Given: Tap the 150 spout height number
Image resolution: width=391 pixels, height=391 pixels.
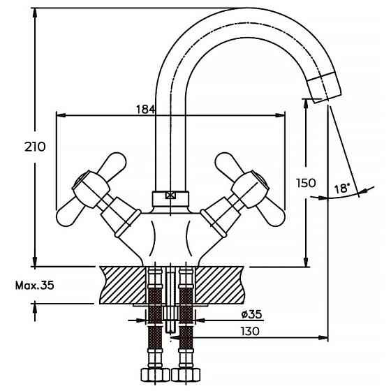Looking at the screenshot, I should (x=306, y=183).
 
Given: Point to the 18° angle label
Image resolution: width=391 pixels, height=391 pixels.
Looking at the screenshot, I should (x=342, y=189).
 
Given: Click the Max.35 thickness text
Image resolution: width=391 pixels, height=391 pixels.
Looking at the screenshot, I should (x=34, y=285).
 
